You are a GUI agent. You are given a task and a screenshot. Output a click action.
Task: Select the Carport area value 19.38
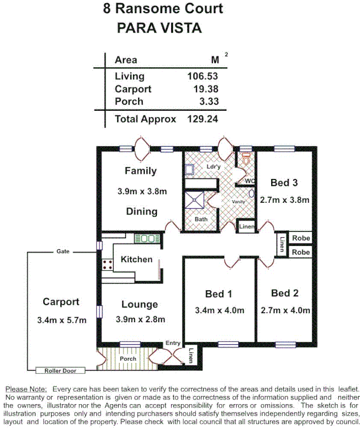point(206,89)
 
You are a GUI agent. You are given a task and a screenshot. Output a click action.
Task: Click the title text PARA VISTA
point(159,27)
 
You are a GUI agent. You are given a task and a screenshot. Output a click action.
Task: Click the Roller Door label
point(60,371)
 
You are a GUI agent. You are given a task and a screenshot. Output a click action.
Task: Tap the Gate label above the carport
point(63,252)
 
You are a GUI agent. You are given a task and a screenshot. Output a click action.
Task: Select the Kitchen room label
point(136,259)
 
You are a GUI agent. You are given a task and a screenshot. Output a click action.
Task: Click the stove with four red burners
point(108,264)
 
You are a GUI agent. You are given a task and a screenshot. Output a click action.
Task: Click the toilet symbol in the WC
point(247,160)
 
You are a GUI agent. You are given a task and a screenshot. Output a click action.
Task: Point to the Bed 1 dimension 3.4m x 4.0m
point(219,310)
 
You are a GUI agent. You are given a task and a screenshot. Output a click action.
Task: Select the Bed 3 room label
point(284,182)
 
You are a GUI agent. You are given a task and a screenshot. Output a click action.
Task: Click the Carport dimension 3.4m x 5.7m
point(61,320)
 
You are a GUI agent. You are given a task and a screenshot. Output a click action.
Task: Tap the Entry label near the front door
point(173,344)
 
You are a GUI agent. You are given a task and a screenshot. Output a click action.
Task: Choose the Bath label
point(200,219)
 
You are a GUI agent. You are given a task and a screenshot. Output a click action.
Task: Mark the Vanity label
point(239,202)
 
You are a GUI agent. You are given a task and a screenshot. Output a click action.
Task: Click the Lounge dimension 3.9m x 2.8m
point(140,320)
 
